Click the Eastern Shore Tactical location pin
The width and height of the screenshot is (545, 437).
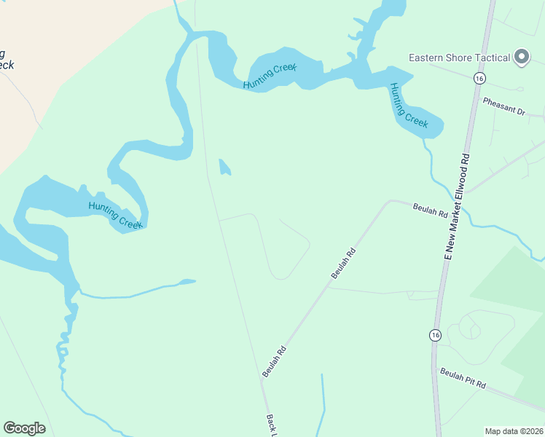coord(522,57)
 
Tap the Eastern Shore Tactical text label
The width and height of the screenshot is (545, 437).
coord(460,58)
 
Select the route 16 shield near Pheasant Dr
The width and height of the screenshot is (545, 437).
coord(479,78)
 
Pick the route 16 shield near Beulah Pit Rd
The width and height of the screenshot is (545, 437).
coord(435,334)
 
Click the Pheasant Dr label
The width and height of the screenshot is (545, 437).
coord(503,106)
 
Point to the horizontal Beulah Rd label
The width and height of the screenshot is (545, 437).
coord(430,210)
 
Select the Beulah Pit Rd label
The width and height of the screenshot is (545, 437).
coord(463,377)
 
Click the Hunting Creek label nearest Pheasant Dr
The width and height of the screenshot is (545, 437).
coord(408,106)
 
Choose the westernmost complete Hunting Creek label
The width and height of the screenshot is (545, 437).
coord(115,216)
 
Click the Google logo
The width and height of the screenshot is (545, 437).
coord(25,428)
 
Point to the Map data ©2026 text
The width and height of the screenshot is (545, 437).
coord(514,430)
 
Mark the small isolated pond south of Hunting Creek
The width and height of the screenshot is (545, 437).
coord(224,168)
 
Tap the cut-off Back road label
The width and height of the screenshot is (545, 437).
coord(271,427)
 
